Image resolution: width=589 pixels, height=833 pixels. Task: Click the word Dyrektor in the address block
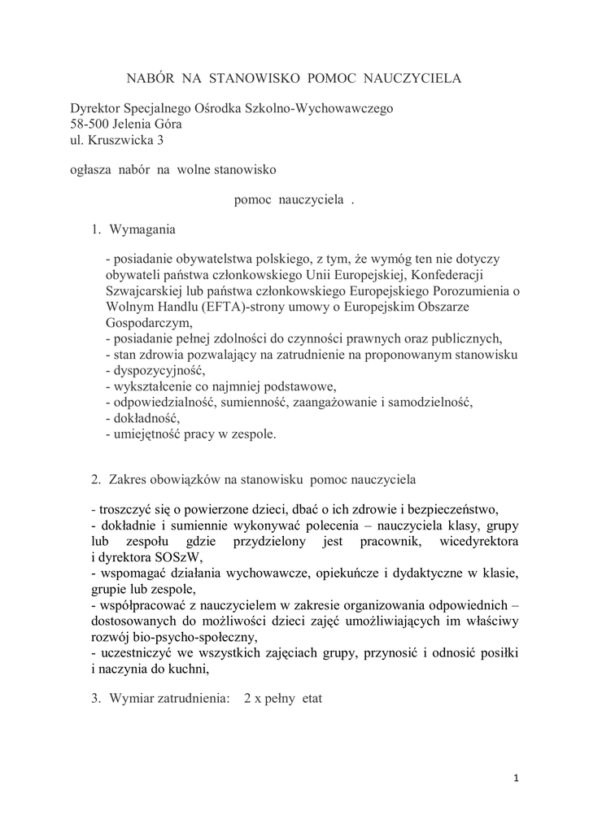pyautogui.click(x=94, y=108)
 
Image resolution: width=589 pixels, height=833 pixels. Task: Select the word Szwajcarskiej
pyautogui.click(x=142, y=289)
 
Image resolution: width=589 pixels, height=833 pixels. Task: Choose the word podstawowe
pyautogui.click(x=296, y=385)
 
